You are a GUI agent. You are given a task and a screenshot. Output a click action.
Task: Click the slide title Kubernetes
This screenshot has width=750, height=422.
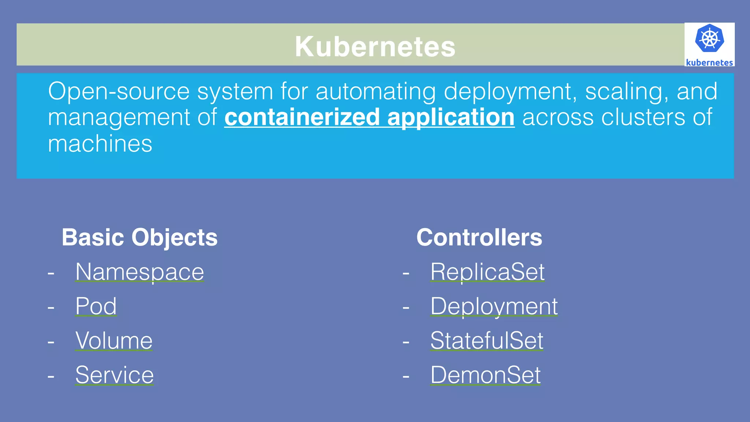375,46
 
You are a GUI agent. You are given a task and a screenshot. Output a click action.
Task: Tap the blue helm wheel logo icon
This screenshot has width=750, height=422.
709,38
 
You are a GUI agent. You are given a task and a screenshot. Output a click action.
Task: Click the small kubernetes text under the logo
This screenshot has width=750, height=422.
709,63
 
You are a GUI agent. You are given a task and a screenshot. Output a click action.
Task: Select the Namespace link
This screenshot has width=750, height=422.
140,272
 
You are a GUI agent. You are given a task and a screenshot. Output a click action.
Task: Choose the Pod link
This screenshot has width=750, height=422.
96,306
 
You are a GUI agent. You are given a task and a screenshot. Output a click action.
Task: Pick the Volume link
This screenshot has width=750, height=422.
114,340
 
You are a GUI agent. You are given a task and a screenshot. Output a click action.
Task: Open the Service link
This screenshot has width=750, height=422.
115,375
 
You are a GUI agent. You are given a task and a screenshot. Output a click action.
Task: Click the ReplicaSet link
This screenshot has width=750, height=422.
487,272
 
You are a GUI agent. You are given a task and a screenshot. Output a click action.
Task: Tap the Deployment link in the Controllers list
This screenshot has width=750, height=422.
494,306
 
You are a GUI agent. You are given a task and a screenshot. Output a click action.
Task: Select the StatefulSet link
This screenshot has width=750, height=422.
487,340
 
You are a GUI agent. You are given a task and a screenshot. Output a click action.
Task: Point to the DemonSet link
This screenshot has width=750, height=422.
486,375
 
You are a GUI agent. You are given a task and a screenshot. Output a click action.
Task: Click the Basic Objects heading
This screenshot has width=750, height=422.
140,238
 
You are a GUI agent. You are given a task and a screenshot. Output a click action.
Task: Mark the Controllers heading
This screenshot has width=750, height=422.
479,238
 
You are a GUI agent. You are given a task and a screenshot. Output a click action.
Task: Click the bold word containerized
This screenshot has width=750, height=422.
302,117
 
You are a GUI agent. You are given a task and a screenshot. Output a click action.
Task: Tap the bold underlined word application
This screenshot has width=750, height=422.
451,117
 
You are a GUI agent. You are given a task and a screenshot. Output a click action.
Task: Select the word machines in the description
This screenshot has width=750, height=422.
100,143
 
